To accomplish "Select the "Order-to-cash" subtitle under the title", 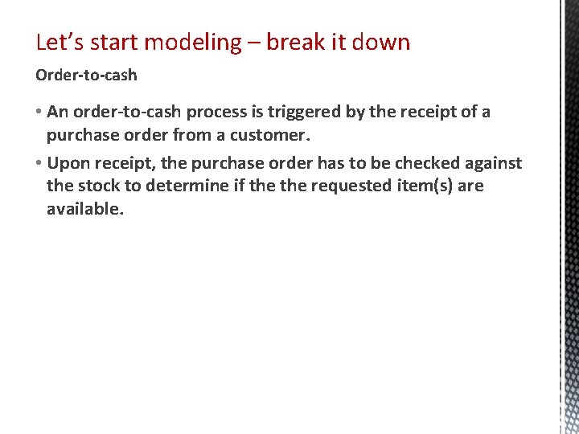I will pos(86,76).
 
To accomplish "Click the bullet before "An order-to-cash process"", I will pos(39,112).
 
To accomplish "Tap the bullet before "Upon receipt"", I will pos(39,164).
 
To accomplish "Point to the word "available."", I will pos(85,209).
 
